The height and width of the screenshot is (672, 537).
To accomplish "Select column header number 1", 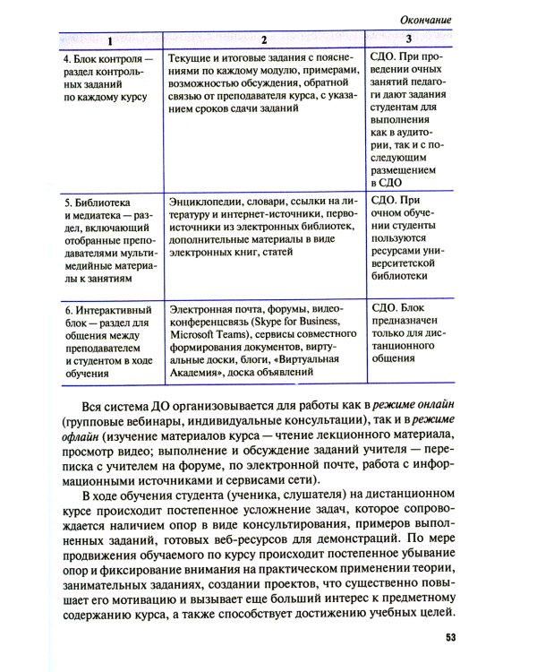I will pos(109,40).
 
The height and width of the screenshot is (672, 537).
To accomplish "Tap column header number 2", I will pos(265,40).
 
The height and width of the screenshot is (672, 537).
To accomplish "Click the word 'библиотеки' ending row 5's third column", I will pos(400,278).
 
